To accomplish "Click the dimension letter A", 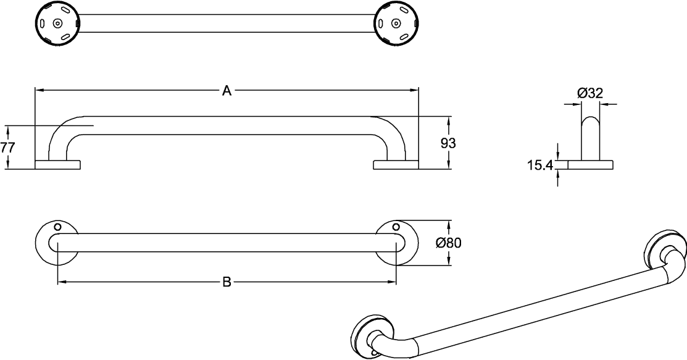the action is coord(227,91).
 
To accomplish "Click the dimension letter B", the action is coord(227,282).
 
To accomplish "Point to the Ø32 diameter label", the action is coord(590,93).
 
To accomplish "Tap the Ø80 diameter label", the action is coord(449,243).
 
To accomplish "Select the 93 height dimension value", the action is coord(448,143).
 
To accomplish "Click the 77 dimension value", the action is coord(7,148).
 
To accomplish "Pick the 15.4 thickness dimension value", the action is coord(540,165).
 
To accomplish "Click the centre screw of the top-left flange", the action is coord(57,23).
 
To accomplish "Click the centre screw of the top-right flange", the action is coord(396,23).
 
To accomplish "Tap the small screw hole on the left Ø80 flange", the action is coord(57,227).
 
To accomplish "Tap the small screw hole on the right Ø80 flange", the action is coord(396,227).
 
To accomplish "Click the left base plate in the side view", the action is coord(57,165).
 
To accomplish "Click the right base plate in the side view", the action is coord(396,165).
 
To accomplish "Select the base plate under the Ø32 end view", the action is coord(590,165).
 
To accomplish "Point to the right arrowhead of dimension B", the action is coord(392,282).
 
